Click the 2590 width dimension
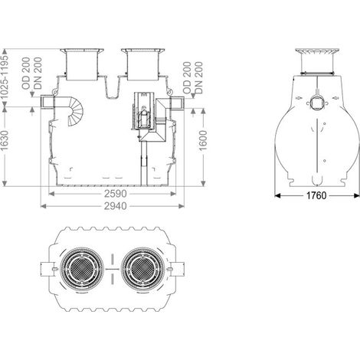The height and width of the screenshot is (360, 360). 115,194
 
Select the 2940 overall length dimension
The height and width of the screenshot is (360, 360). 115,206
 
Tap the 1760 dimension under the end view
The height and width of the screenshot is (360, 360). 316,195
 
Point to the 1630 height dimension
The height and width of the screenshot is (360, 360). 5,140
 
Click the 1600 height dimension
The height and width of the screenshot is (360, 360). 203,140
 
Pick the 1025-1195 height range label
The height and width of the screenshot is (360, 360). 5,77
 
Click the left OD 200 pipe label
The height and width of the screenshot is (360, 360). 26,74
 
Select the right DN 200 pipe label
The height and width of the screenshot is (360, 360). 198,77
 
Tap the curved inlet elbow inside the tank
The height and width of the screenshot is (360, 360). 76,111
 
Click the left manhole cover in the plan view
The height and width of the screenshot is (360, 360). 82,269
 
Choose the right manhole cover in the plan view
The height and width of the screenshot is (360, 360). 143,269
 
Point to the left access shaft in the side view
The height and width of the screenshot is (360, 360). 82,64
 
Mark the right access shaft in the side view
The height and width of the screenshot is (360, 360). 143,64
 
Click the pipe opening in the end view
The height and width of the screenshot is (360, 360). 316,103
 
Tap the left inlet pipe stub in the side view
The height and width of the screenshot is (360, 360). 47,102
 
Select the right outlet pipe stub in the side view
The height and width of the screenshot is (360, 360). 177,103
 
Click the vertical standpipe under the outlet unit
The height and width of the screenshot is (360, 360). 144,163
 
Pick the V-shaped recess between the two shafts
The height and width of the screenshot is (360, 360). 112,87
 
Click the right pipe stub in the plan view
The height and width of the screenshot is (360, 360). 177,269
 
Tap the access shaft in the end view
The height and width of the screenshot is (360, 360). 318,61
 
